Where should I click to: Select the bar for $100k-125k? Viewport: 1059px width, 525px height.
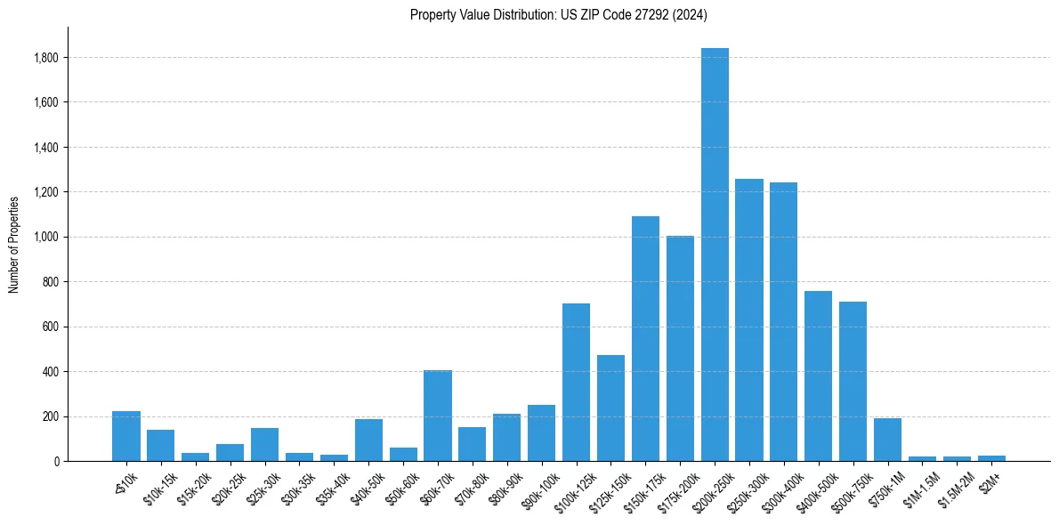tap(576, 383)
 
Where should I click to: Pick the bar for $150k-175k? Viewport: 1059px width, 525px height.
tap(645, 339)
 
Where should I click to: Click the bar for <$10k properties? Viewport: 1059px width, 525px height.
tap(126, 436)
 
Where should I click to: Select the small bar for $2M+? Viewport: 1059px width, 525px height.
tap(991, 458)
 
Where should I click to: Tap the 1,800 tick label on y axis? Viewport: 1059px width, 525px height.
tap(46, 58)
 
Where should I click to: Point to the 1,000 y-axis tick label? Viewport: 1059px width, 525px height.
tap(46, 238)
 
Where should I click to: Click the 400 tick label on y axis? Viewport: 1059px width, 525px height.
tap(51, 372)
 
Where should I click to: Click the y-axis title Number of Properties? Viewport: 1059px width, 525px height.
tap(14, 244)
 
